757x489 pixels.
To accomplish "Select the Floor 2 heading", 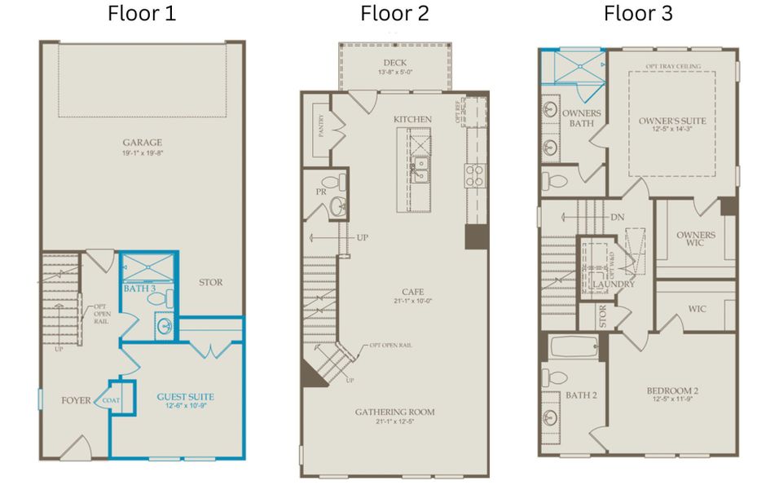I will click(394, 14).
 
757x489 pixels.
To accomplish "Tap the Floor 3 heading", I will click(638, 14).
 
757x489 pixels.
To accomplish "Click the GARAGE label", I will click(143, 142).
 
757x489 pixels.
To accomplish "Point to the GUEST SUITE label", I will click(185, 397).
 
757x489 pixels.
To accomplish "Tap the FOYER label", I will click(76, 400).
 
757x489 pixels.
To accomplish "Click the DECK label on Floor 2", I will click(395, 63).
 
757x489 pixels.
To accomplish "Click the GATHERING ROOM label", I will click(394, 412).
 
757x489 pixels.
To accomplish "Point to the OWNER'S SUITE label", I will click(671, 121).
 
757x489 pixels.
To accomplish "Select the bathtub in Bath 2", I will click(574, 346).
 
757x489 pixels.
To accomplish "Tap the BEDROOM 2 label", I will click(671, 391).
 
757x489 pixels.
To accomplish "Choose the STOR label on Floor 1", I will click(211, 283).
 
